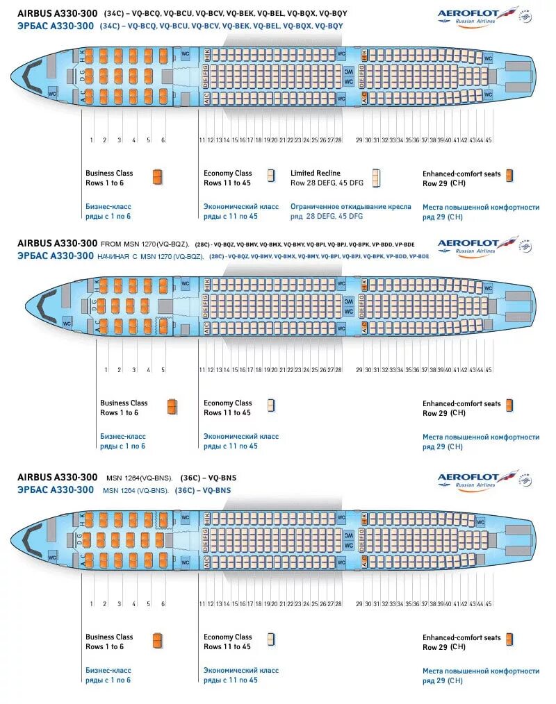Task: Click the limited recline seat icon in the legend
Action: pyautogui.click(x=376, y=178)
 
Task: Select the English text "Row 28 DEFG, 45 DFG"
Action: pyautogui.click(x=326, y=183)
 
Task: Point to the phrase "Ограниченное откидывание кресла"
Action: pyautogui.click(x=350, y=207)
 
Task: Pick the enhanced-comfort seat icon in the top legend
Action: pyautogui.click(x=509, y=176)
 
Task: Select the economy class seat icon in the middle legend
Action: pyautogui.click(x=270, y=405)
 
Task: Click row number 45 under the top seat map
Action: pyautogui.click(x=489, y=140)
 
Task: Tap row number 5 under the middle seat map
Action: pyautogui.click(x=163, y=370)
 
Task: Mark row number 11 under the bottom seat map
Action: pyautogui.click(x=202, y=604)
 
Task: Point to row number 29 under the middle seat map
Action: pyautogui.click(x=359, y=370)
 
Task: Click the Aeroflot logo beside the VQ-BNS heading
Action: pyautogui.click(x=480, y=478)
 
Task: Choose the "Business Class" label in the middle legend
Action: pyautogui.click(x=124, y=403)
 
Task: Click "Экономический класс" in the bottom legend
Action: pyautogui.click(x=240, y=671)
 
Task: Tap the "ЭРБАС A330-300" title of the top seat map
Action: pyautogui.click(x=56, y=26)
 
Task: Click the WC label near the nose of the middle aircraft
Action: pyautogui.click(x=67, y=324)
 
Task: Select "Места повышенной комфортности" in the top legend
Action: pyautogui.click(x=481, y=207)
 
